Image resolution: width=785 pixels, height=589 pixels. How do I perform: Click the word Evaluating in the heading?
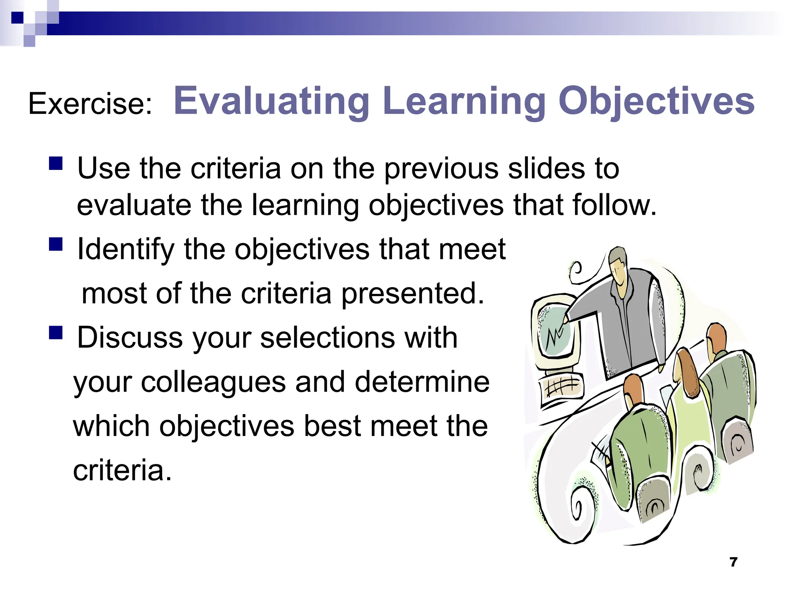pos(271,101)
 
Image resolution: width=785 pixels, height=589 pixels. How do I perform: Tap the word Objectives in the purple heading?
pos(656,101)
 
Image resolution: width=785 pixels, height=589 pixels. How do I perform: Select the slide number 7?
pos(733,562)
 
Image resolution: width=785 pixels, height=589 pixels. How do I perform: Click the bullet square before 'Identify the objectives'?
pos(56,244)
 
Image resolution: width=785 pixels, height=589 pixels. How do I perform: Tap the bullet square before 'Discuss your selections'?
pos(56,332)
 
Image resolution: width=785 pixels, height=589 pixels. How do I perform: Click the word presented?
pos(412,294)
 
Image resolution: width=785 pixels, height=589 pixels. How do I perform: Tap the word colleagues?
pos(213,382)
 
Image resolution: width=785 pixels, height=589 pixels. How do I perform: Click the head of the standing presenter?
pos(618,265)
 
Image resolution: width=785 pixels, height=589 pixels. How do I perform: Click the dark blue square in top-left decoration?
pos(17,18)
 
